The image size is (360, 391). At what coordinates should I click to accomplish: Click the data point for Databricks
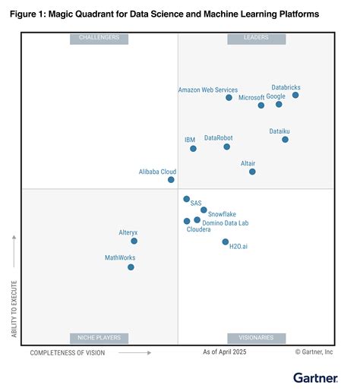(295, 95)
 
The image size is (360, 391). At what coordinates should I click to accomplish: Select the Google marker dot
(279, 104)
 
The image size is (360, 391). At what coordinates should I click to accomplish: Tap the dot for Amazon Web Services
(229, 97)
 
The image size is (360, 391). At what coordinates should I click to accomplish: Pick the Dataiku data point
(285, 139)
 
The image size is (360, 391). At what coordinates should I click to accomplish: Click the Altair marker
(252, 172)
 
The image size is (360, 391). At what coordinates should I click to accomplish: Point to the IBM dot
(193, 148)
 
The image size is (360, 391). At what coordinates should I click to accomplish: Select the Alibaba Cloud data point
(171, 180)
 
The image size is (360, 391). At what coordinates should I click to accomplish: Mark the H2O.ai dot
(225, 241)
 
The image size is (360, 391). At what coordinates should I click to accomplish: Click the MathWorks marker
(131, 266)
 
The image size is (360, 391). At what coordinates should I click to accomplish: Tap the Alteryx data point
(134, 241)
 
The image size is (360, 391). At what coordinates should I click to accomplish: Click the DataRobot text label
(219, 137)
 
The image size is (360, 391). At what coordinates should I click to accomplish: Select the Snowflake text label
(222, 214)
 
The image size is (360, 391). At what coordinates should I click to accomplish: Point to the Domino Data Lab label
(226, 223)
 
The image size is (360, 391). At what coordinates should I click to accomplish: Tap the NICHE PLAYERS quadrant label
(99, 338)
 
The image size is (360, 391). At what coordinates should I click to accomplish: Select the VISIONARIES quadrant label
(256, 338)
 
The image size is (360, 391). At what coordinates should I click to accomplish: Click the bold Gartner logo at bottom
(316, 377)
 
